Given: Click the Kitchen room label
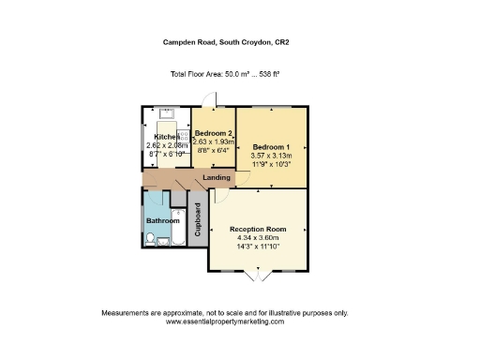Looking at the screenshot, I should click(156, 136).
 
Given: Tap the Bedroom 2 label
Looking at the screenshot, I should click(213, 134).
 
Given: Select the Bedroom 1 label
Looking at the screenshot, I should click(272, 147).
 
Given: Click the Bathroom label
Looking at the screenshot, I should click(162, 220).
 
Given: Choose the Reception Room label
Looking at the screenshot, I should click(258, 229).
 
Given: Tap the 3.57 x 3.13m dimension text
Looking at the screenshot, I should click(272, 157).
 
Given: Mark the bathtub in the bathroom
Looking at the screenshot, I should click(174, 242).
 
